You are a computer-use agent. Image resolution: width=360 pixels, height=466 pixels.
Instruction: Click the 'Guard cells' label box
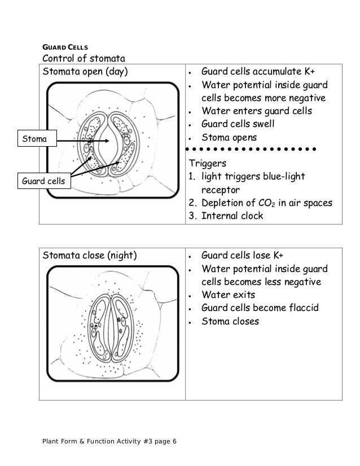tap(42, 182)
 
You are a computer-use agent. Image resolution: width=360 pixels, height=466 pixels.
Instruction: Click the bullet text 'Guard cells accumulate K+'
tap(259, 73)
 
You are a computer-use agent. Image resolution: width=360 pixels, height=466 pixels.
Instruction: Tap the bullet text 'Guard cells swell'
tap(242, 125)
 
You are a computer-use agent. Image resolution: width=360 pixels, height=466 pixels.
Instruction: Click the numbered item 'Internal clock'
tap(232, 216)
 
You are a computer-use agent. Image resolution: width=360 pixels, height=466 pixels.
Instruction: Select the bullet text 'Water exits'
tap(229, 294)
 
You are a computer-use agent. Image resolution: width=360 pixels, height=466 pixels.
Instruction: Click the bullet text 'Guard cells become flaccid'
tap(260, 308)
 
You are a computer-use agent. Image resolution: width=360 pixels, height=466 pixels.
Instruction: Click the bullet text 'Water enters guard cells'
tap(257, 111)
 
